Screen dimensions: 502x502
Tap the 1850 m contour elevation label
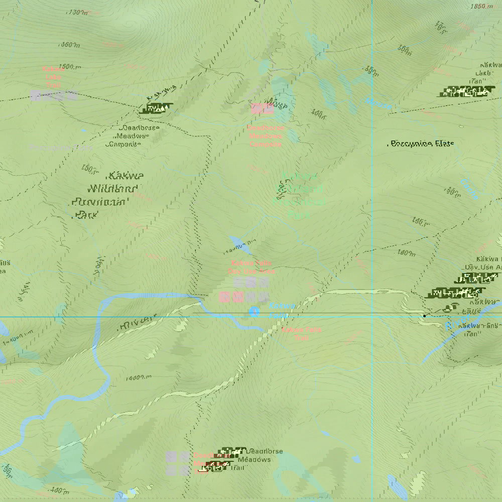click(481, 7)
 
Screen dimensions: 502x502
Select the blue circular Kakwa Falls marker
click(254, 312)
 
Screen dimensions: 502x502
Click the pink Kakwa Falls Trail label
click(301, 334)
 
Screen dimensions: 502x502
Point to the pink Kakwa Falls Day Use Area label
click(252, 267)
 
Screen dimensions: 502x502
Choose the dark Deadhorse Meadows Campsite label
click(133, 136)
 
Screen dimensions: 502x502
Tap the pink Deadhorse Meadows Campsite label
click(265, 136)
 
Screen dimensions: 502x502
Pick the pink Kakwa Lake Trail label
click(53, 77)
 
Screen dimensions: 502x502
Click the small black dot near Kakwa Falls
click(425, 316)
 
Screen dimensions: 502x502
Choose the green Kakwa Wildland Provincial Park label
click(299, 196)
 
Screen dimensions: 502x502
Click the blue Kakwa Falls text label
click(279, 310)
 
